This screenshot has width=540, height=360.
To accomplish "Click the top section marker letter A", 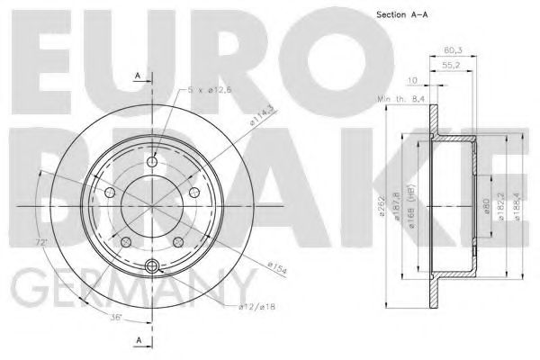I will (136, 76).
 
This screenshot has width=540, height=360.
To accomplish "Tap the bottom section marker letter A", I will (137, 339).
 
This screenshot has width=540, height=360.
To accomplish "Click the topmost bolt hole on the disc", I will (151, 162).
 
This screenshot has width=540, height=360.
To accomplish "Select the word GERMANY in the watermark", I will (126, 289).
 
